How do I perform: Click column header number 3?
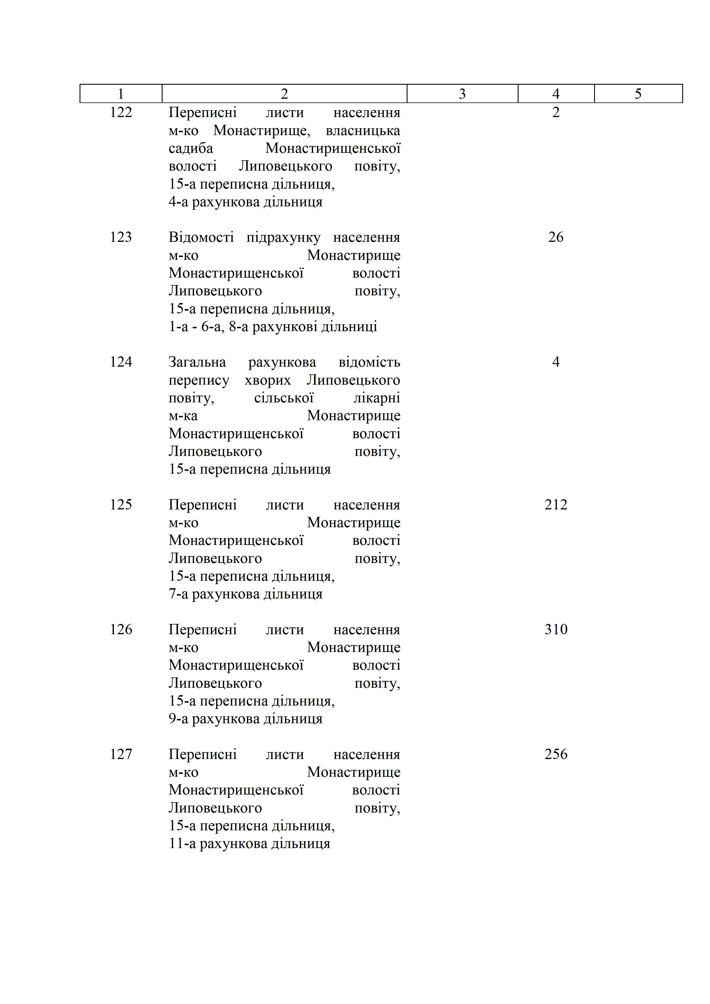[x=462, y=94]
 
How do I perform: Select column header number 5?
[x=638, y=94]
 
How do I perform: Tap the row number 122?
[x=121, y=112]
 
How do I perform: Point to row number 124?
[x=121, y=362]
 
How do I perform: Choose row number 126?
[x=121, y=629]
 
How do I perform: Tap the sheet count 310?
[x=556, y=629]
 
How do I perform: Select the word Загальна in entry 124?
[x=197, y=362]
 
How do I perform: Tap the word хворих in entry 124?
[x=268, y=380]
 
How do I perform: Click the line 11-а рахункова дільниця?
[x=249, y=843]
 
